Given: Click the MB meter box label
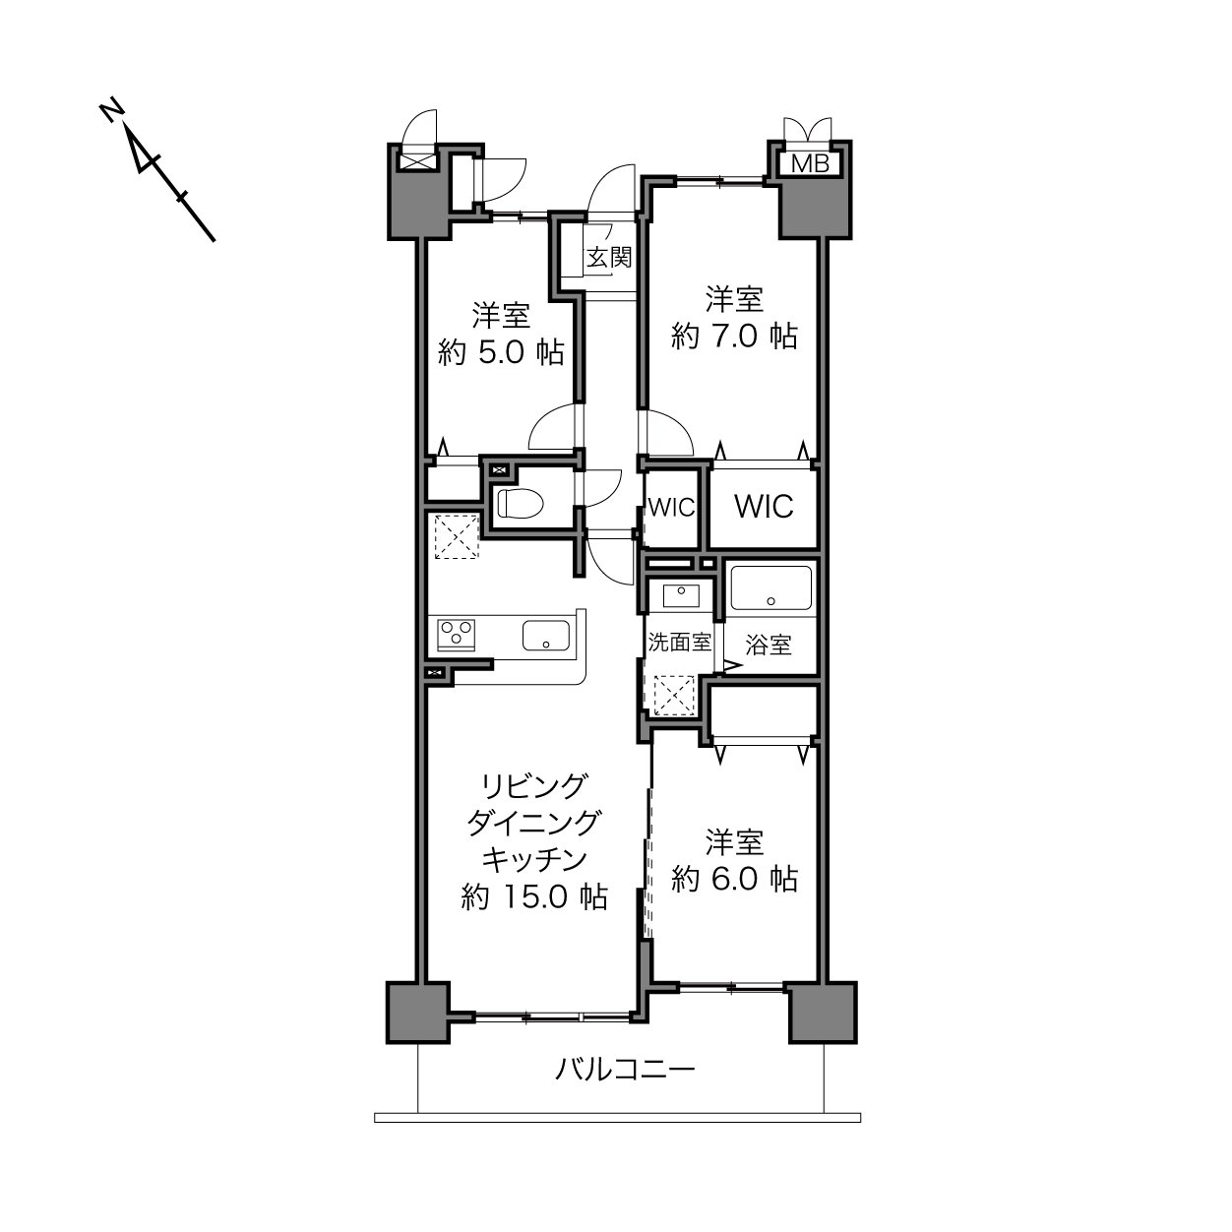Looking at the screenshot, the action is [x=810, y=164].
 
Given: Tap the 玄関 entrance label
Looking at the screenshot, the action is [x=609, y=258].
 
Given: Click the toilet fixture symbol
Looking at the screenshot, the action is [x=520, y=503].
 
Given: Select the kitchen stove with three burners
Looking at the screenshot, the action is [x=457, y=635].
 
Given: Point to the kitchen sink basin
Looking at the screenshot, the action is [x=546, y=635].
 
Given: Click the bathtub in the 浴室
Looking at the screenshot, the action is [x=771, y=587].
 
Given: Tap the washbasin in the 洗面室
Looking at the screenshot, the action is [x=681, y=594].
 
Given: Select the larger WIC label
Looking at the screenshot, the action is [x=764, y=507].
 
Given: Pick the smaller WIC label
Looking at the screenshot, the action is [x=671, y=507].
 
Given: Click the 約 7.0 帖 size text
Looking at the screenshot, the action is [x=735, y=337].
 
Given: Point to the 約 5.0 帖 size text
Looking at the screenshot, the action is [x=501, y=352].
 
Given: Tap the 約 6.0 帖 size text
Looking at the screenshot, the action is [x=735, y=879].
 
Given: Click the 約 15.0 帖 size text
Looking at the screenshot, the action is [x=534, y=897].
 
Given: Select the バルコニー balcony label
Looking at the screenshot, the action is [x=625, y=1069].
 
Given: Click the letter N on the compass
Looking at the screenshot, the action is [x=112, y=110].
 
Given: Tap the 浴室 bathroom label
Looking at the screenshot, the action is [x=769, y=646].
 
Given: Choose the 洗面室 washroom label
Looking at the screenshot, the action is [x=680, y=642].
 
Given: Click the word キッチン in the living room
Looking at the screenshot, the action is [x=534, y=860].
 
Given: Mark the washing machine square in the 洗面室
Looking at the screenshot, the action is [x=674, y=695].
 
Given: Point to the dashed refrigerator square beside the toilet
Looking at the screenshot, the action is [x=457, y=535].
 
